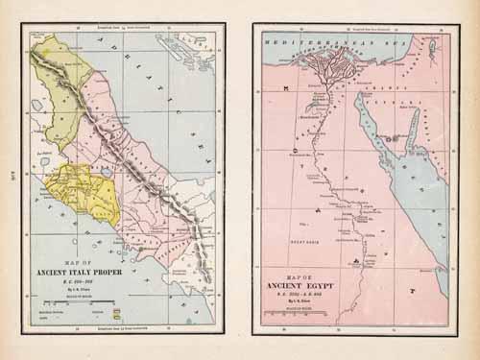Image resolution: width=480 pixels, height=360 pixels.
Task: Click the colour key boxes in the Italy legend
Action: pyautogui.click(x=116, y=313)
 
